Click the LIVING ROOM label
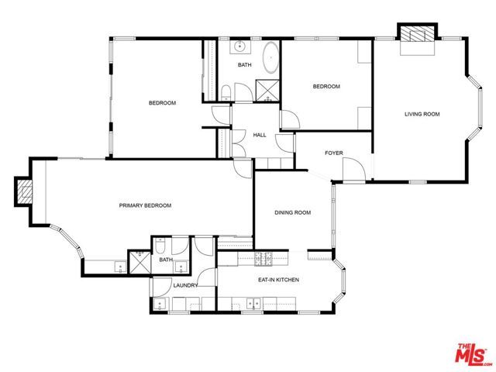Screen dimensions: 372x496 pyautogui.click(x=422, y=114)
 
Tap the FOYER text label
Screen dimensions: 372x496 pyautogui.click(x=334, y=153)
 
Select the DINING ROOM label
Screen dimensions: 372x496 pyautogui.click(x=293, y=212)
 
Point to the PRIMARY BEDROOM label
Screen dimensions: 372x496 pyautogui.click(x=145, y=205)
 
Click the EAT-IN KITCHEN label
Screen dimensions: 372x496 pyautogui.click(x=278, y=279)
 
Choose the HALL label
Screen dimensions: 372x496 pyautogui.click(x=260, y=135)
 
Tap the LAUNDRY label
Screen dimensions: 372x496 pyautogui.click(x=186, y=285)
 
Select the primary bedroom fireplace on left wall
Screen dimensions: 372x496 pyautogui.click(x=24, y=191)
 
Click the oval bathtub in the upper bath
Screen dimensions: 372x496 pyautogui.click(x=271, y=59)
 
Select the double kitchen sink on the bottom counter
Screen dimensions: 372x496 pyautogui.click(x=253, y=304)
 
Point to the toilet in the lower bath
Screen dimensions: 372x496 pyautogui.click(x=160, y=246)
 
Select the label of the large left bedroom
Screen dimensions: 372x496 pyautogui.click(x=162, y=103)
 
